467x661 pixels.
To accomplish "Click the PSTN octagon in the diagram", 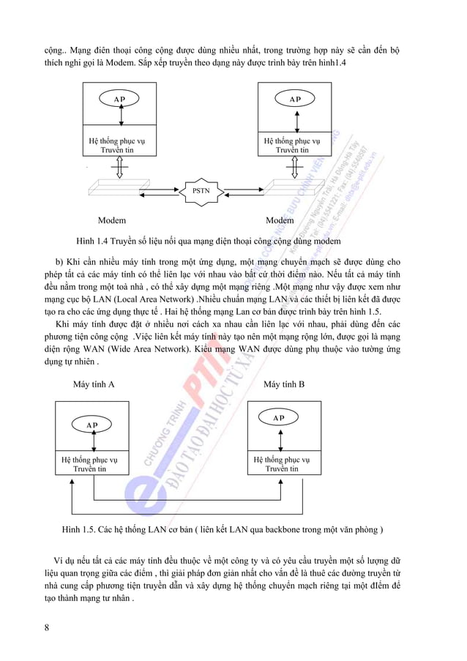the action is tap(200, 190).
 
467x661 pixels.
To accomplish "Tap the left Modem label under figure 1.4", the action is tap(112, 220).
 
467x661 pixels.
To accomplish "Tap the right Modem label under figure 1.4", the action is tap(280, 220).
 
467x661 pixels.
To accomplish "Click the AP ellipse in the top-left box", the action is tap(119, 99).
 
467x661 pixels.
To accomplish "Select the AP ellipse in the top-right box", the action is tap(294, 99).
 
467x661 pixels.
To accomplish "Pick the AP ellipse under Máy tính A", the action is tap(92, 425).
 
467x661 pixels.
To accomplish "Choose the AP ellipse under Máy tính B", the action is tap(279, 418).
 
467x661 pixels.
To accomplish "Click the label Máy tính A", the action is tap(94, 384).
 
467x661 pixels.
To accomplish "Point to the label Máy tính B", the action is tap(284, 384).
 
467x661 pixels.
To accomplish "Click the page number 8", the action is tap(47, 627).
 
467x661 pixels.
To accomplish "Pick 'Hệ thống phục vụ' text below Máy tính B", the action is tap(281, 460).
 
